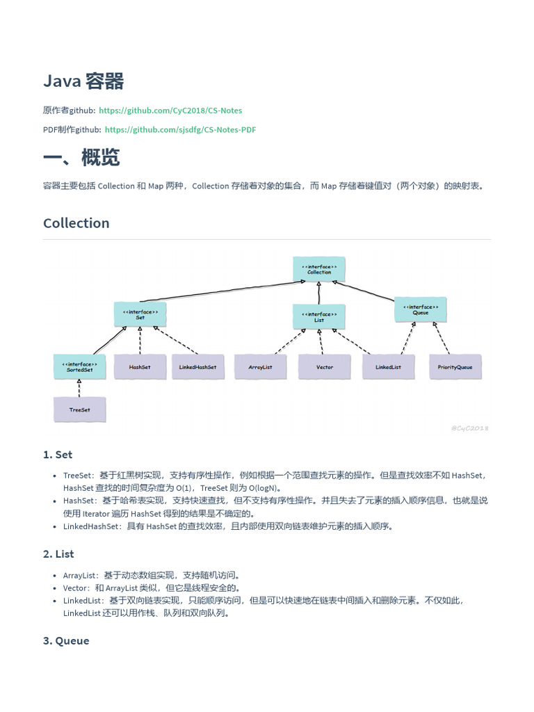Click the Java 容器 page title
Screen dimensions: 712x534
point(83,81)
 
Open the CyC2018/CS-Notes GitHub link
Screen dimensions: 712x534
point(170,111)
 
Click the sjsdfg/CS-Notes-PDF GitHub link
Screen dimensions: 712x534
point(180,129)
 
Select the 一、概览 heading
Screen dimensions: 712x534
point(81,157)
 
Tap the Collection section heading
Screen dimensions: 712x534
point(76,223)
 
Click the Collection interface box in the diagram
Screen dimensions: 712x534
point(319,270)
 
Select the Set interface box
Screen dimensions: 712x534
point(140,314)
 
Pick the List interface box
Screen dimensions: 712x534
point(319,317)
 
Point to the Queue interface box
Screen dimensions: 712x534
point(421,310)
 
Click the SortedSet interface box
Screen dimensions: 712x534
point(80,367)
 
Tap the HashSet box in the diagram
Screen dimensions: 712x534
point(140,367)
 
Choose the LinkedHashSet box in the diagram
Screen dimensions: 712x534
point(198,367)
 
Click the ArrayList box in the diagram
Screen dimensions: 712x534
point(260,367)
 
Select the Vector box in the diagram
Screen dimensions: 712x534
point(325,367)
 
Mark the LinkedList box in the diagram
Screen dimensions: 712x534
point(388,367)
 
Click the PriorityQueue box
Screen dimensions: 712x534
point(455,367)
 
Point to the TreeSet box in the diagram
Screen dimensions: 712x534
point(80,410)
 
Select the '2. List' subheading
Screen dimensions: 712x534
point(58,554)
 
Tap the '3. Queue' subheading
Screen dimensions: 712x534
point(66,641)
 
